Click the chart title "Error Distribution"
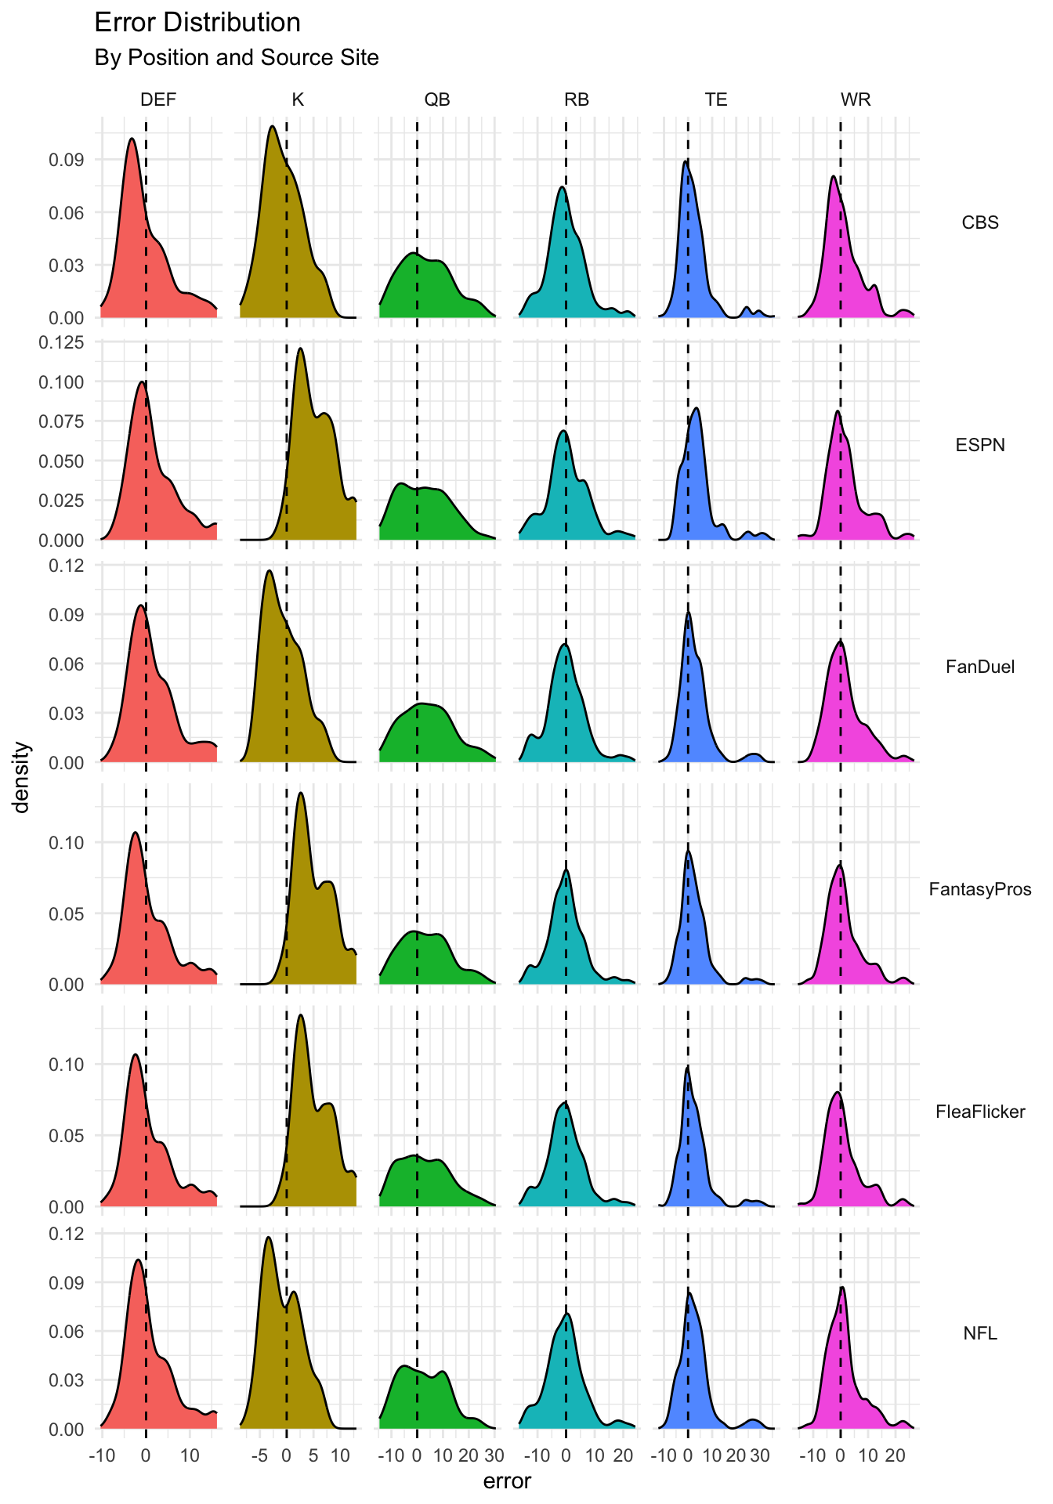197,23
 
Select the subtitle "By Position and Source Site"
236,58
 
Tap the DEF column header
158,99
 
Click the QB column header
437,99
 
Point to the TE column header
716,99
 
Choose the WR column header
856,99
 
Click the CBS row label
980,222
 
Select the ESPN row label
980,445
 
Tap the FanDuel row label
980,667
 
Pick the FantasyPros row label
980,889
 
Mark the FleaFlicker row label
980,1112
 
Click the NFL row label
980,1333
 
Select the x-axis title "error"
507,1481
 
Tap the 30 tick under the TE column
759,1456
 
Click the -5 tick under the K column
259,1456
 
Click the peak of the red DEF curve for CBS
132,139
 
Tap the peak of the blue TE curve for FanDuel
688,613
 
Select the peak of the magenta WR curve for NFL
842,1287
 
